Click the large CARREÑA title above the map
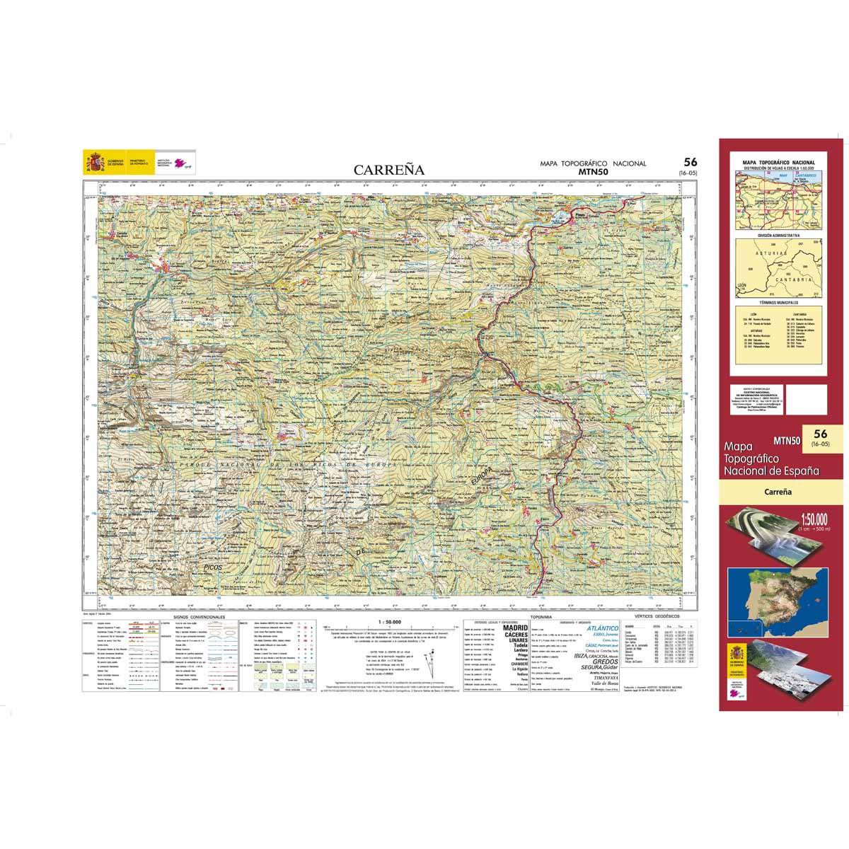coord(388,170)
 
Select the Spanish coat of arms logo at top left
coord(93,161)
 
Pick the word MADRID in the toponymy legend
coord(515,628)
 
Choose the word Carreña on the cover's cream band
coord(778,491)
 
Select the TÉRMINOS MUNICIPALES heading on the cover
coord(778,301)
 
